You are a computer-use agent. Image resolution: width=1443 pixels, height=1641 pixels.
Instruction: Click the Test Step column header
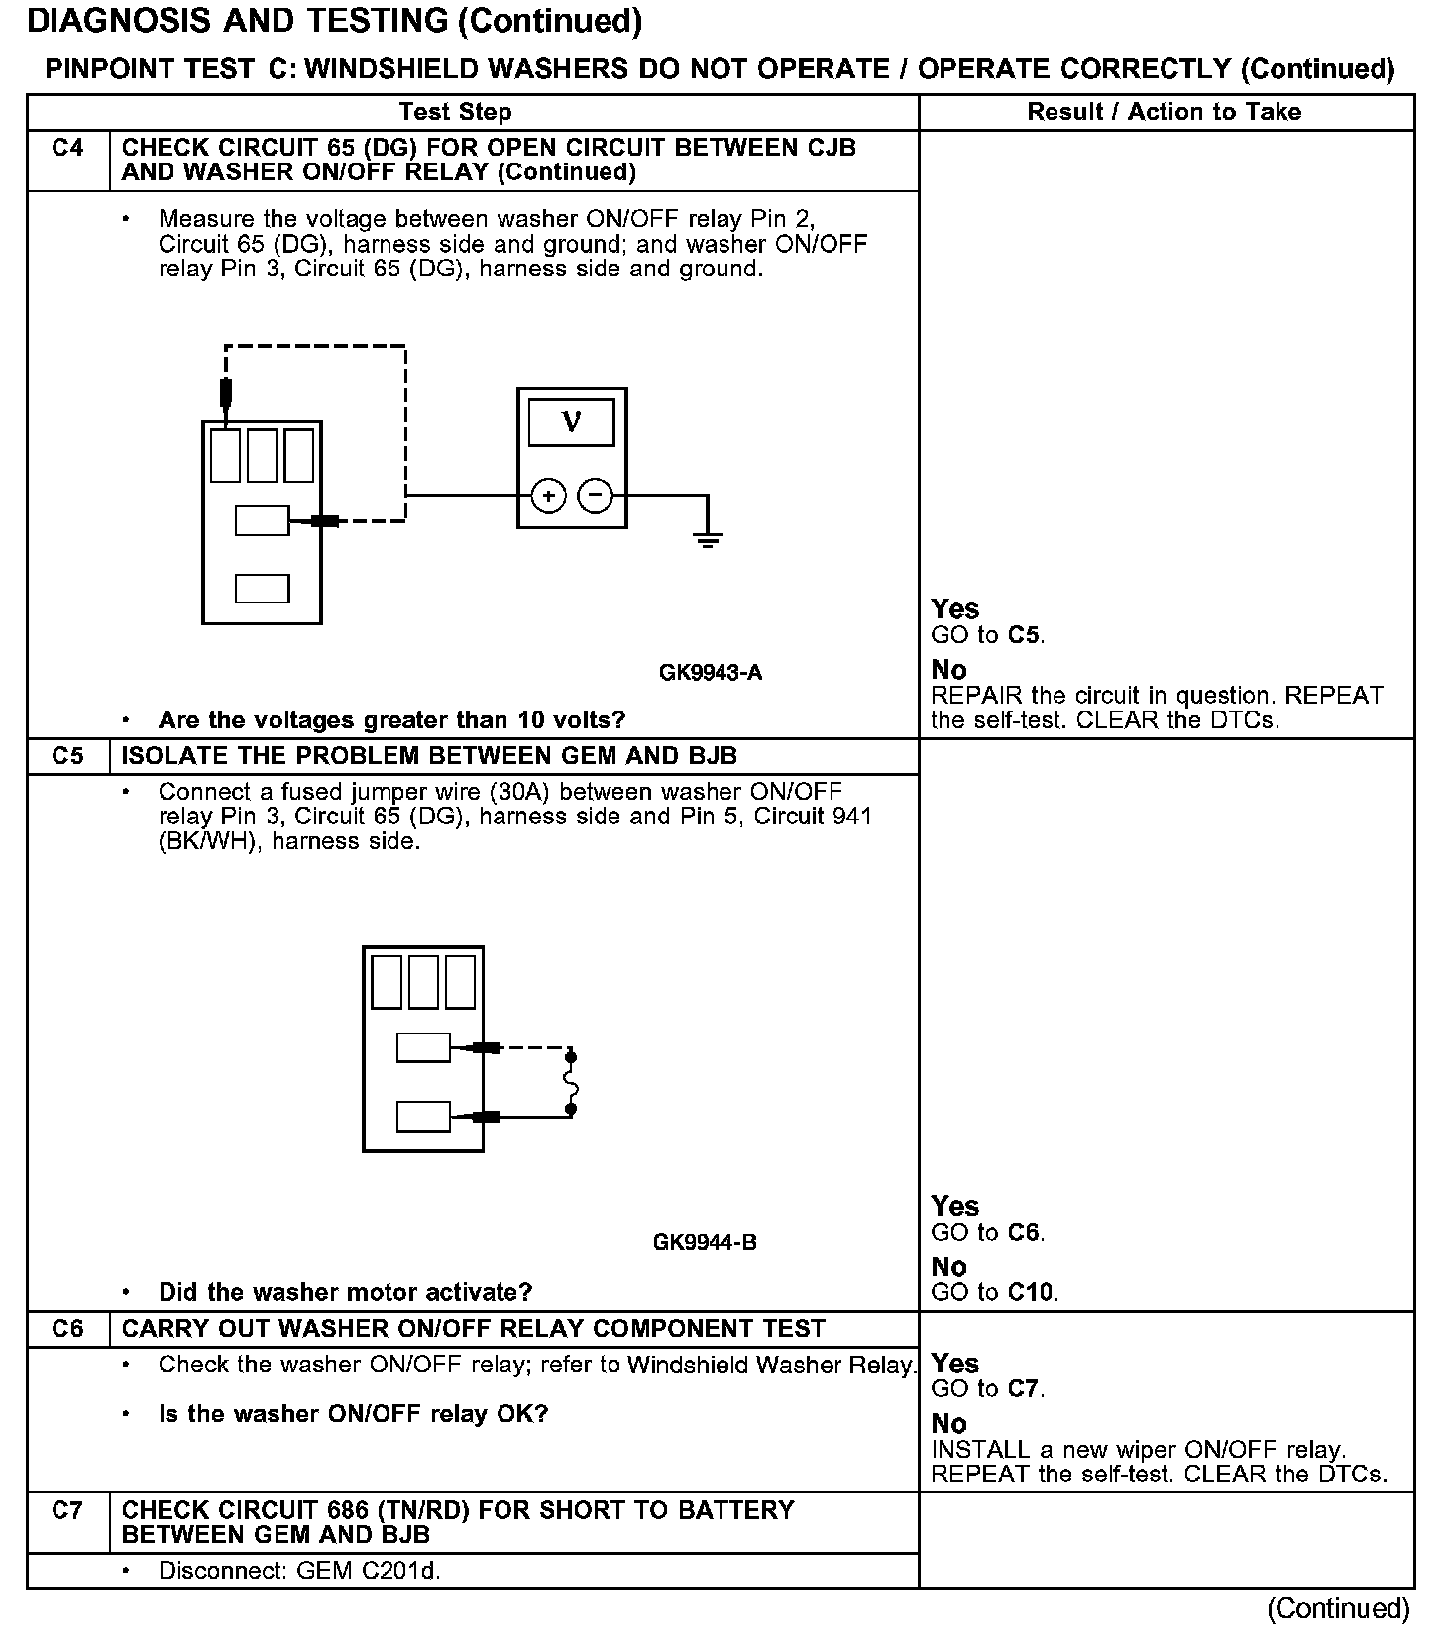455,112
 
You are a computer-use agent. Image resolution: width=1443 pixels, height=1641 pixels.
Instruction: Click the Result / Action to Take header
1164,112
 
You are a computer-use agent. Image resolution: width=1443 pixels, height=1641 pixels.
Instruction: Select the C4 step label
67,149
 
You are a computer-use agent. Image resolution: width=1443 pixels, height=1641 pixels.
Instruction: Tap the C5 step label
67,756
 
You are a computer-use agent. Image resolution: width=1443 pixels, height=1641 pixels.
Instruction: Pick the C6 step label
67,1328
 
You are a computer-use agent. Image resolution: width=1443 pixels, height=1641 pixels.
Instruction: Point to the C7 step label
67,1510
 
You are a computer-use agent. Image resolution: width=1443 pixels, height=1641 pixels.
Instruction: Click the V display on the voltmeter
571,422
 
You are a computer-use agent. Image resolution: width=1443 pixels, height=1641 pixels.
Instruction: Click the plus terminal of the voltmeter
548,495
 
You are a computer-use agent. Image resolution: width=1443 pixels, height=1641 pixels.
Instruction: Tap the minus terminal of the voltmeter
595,495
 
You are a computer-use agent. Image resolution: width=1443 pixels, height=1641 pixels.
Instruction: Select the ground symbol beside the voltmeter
707,538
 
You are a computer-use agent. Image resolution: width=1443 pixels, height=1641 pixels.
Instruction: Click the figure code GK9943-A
711,673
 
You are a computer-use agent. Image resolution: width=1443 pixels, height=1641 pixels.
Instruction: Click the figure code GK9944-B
705,1242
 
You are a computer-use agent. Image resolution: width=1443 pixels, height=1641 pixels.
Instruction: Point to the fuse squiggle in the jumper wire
571,1083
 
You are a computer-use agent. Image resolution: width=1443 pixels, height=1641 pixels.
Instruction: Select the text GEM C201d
368,1571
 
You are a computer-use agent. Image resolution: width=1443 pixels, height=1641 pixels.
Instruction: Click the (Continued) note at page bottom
1338,1607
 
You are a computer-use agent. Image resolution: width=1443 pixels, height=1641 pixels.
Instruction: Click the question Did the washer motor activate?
345,1292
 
